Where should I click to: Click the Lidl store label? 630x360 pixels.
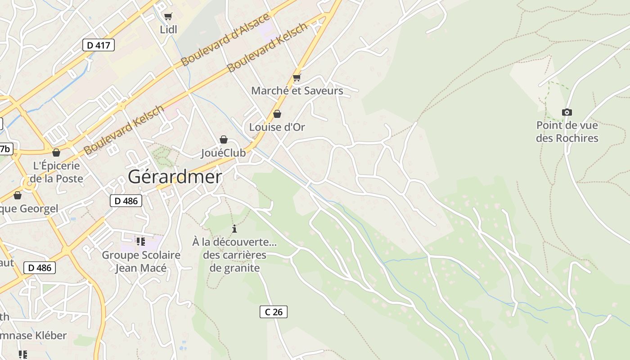click(168, 30)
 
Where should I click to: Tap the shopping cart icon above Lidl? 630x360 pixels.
click(168, 17)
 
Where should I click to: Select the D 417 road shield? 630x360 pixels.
click(99, 45)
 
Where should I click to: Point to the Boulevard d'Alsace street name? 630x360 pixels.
click(225, 39)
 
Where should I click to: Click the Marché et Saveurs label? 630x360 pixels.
click(297, 91)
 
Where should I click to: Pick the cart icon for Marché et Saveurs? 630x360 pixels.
click(297, 77)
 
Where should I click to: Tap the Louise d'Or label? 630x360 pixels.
click(277, 127)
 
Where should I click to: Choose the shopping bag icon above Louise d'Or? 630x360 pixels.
click(277, 114)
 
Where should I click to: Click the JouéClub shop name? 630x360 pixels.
click(223, 153)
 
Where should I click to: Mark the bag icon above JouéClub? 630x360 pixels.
click(223, 139)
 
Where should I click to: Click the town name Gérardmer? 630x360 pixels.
click(175, 177)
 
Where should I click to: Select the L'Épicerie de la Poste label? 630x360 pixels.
click(56, 172)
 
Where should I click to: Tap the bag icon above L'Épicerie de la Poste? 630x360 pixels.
click(56, 153)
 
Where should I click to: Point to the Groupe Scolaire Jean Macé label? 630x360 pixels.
click(141, 261)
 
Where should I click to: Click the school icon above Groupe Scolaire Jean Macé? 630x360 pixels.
click(141, 242)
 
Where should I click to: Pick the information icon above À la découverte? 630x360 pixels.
click(234, 229)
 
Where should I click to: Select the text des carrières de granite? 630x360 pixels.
click(234, 261)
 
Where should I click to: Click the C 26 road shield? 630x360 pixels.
click(273, 311)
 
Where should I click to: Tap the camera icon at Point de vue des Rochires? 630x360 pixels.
click(567, 112)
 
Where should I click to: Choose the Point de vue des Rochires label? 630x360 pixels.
click(567, 131)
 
